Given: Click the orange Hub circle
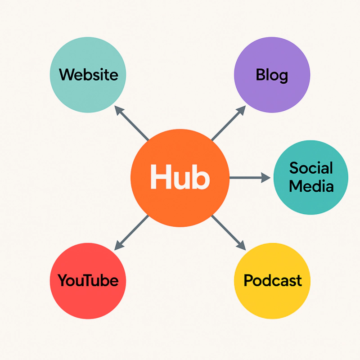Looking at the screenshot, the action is [x=180, y=202].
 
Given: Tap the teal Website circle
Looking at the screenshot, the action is [x=88, y=94].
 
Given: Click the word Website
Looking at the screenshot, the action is [x=88, y=74].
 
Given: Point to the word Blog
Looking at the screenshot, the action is [x=272, y=75].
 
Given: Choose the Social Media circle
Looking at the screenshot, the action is [x=311, y=198].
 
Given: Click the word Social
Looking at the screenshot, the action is [x=311, y=168].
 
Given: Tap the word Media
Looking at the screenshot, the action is [x=311, y=185].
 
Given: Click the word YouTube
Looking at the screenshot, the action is [x=88, y=281].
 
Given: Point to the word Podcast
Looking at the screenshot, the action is [x=272, y=281].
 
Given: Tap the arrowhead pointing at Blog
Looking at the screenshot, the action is [x=241, y=111].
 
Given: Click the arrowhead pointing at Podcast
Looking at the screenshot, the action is [x=241, y=245].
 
